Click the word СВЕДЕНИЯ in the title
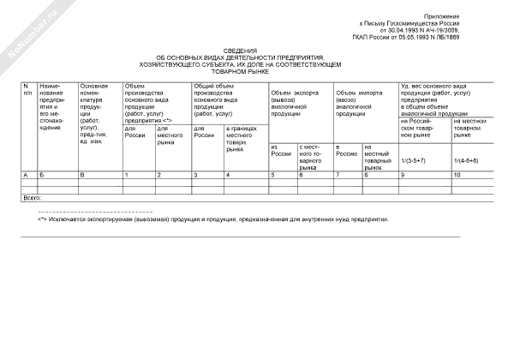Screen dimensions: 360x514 point(257,51)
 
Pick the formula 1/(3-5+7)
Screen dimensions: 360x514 point(413,160)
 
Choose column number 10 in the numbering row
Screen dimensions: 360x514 point(457,175)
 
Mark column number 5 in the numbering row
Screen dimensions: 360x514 point(273,175)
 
